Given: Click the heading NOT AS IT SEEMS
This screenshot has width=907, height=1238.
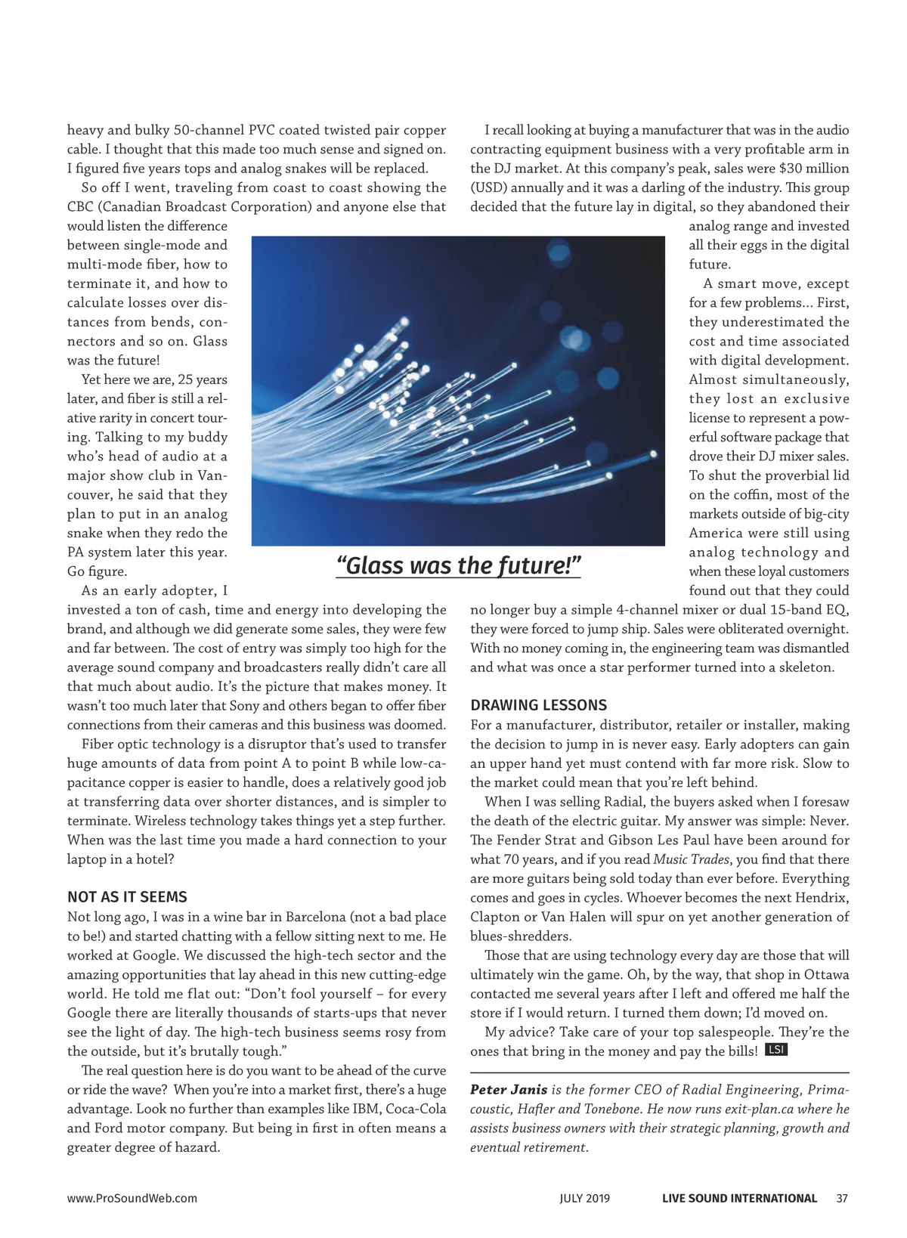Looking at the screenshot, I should (x=127, y=897).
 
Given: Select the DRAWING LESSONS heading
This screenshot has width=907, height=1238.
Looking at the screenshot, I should (x=538, y=705).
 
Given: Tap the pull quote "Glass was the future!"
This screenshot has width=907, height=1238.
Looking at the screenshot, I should (x=458, y=565).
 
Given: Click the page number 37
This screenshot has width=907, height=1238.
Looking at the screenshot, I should (x=842, y=1198).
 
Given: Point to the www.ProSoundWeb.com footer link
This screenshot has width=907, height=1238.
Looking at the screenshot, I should (x=132, y=1198).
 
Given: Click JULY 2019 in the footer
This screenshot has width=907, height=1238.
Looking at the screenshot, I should (x=584, y=1198).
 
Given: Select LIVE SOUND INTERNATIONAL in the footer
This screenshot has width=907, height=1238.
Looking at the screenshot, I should (x=739, y=1198).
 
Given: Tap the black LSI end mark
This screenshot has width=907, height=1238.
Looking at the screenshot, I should (x=776, y=1050).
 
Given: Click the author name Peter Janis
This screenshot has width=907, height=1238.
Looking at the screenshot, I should (x=509, y=1090).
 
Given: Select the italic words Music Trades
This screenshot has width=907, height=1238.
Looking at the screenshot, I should (x=691, y=859).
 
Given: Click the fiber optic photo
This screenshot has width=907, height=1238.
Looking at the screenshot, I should (x=458, y=391).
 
